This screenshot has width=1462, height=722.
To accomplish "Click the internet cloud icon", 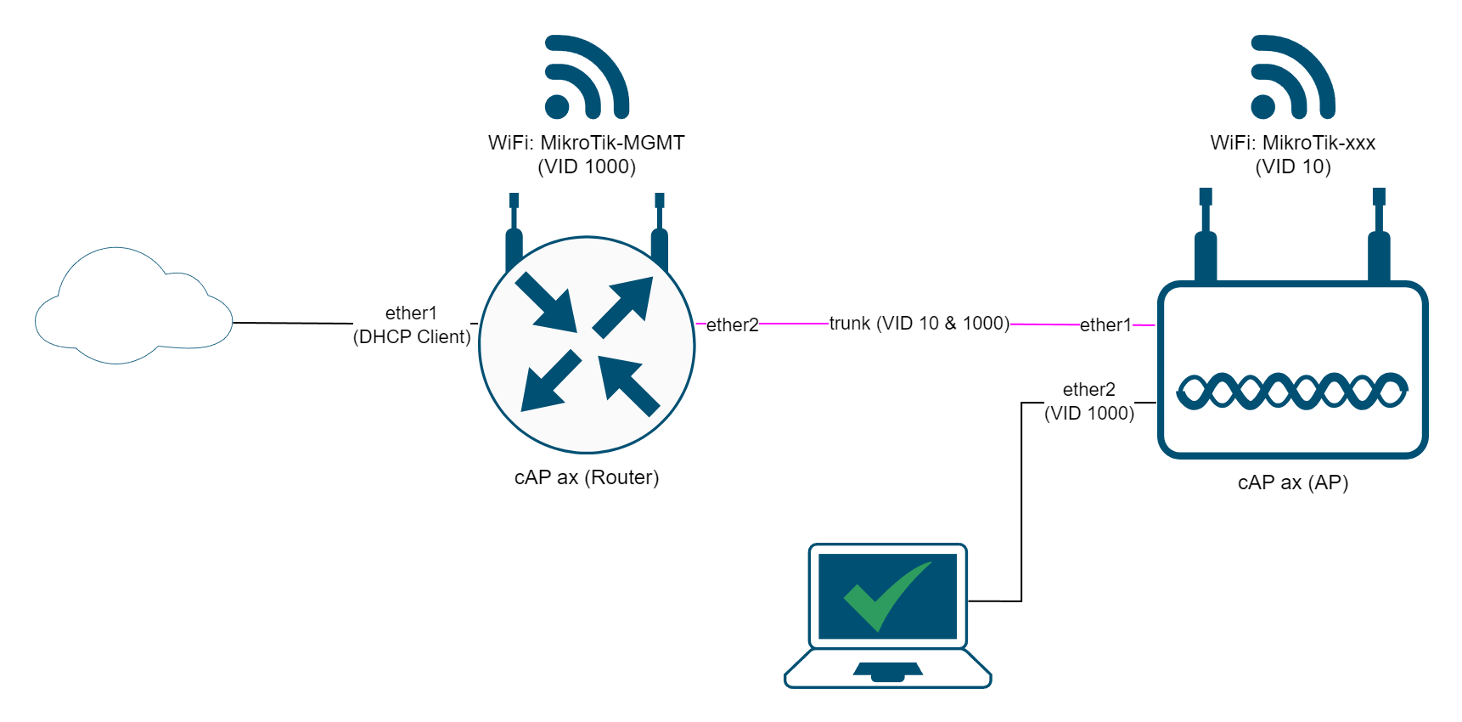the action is (x=133, y=306).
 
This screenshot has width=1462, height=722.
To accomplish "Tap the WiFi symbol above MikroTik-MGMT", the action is (x=587, y=76).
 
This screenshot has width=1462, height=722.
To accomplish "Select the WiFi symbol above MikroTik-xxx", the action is (x=1293, y=76).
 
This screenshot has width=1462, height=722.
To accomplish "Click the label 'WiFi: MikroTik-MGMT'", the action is (x=587, y=143).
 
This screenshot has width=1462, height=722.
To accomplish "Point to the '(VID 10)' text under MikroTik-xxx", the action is (x=1293, y=166).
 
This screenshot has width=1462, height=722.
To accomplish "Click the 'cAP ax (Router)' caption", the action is (x=587, y=477).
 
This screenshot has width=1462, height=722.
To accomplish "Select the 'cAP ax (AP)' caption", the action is (x=1293, y=482).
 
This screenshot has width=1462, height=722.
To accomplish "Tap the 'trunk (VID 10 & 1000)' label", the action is (x=919, y=323).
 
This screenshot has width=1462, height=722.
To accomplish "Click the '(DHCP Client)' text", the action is (x=412, y=336).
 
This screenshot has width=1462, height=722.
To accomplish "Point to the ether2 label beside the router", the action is (x=733, y=324).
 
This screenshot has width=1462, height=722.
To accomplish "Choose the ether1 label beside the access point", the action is (x=1105, y=324).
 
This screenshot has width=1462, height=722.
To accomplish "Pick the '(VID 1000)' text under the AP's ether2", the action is (x=1089, y=413).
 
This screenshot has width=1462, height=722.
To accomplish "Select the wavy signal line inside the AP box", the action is (x=1292, y=391).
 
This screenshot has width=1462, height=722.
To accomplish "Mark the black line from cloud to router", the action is (x=293, y=323).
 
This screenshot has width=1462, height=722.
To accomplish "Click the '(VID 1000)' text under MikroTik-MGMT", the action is (x=587, y=166).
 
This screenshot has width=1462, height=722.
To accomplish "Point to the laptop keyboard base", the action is (x=888, y=668).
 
